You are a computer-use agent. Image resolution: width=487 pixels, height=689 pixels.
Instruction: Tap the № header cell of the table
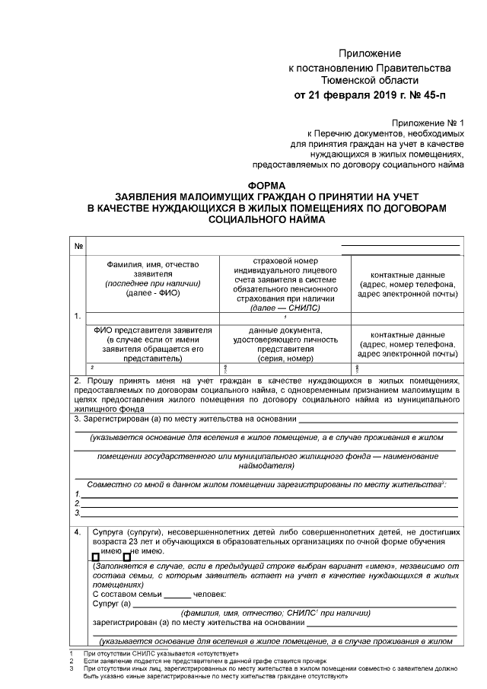(x=79, y=247)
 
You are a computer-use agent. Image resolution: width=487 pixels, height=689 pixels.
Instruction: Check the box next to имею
(x=96, y=557)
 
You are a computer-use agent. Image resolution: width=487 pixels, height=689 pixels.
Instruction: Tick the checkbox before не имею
(x=127, y=557)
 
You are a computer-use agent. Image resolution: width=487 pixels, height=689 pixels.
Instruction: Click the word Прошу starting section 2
(x=100, y=379)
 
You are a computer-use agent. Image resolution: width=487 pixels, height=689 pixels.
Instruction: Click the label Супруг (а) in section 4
(x=112, y=604)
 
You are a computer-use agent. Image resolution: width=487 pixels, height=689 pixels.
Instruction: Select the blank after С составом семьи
(x=177, y=594)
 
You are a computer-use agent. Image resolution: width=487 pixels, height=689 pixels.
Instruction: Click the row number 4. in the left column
(x=79, y=532)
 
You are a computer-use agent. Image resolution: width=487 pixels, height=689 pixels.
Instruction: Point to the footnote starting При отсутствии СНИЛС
(x=162, y=654)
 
